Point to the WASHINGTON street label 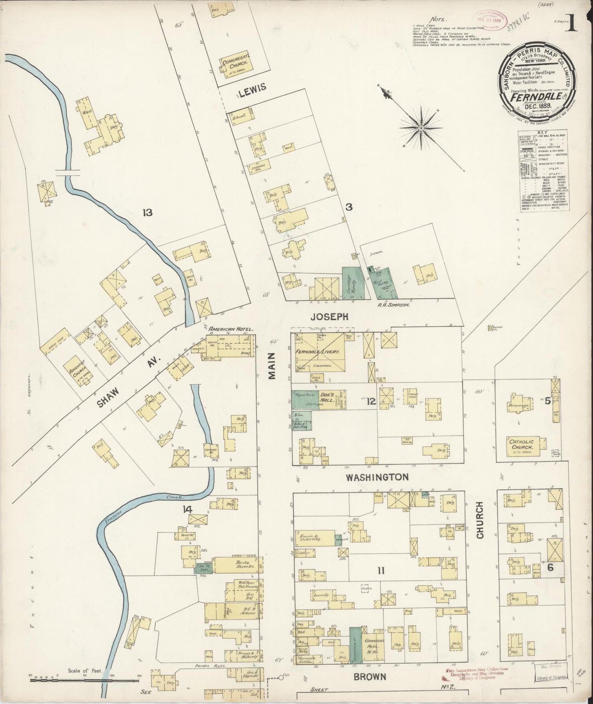click(x=377, y=477)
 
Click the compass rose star click(x=421, y=128)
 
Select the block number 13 click(x=147, y=213)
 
